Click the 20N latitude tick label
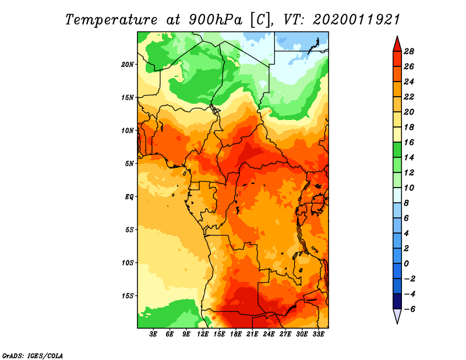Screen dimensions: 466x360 point(128,64)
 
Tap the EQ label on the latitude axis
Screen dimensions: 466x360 point(129,196)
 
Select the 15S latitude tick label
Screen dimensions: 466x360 point(128,296)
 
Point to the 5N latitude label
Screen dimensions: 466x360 point(129,164)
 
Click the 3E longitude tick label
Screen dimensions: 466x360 point(153,334)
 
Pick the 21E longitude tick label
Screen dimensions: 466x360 point(252,334)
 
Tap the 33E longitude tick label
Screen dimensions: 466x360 point(318,334)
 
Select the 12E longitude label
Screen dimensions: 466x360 point(203,334)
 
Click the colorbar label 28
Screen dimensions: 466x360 point(409,51)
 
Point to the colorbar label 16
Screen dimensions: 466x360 point(409,142)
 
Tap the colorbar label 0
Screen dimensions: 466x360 point(406,264)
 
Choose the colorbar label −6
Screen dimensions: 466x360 point(409,309)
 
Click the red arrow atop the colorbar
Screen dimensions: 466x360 point(397,45)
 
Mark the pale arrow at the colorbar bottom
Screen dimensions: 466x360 point(397,316)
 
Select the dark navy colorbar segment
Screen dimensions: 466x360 point(397,301)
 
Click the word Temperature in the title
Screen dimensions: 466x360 point(111,20)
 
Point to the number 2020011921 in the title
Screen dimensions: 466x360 point(356,20)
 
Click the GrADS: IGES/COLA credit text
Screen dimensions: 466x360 point(33,356)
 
